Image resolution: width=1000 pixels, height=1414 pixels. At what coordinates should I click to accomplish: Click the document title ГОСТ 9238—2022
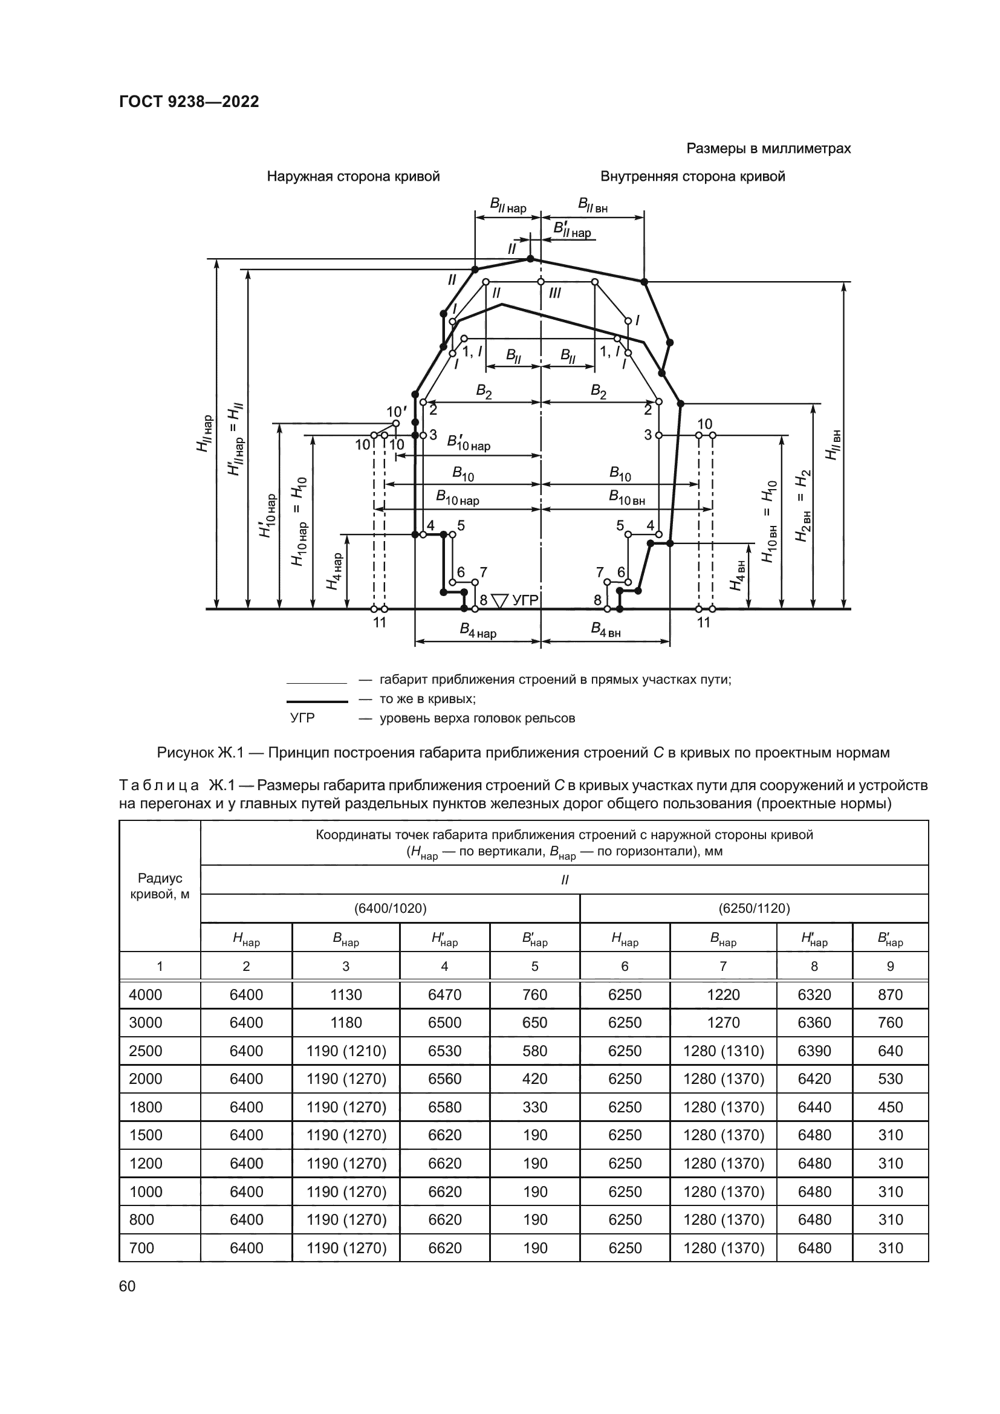189,102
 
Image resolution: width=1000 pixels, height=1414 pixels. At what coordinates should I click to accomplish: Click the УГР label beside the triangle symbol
525,599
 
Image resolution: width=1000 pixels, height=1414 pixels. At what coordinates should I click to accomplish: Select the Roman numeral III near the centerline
555,293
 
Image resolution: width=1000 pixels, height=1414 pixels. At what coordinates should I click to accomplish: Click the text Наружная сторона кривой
353,177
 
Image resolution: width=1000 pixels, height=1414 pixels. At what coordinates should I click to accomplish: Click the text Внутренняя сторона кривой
693,177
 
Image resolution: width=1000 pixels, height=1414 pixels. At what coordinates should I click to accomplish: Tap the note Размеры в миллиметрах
768,149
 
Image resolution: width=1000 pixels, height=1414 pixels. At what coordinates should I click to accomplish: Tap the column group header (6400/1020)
390,909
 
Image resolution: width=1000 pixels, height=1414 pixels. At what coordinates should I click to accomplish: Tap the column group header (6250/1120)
754,909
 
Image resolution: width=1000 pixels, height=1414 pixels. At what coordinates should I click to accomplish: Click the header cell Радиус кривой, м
160,886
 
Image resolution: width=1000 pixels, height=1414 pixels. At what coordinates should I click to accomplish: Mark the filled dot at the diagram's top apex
530,259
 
